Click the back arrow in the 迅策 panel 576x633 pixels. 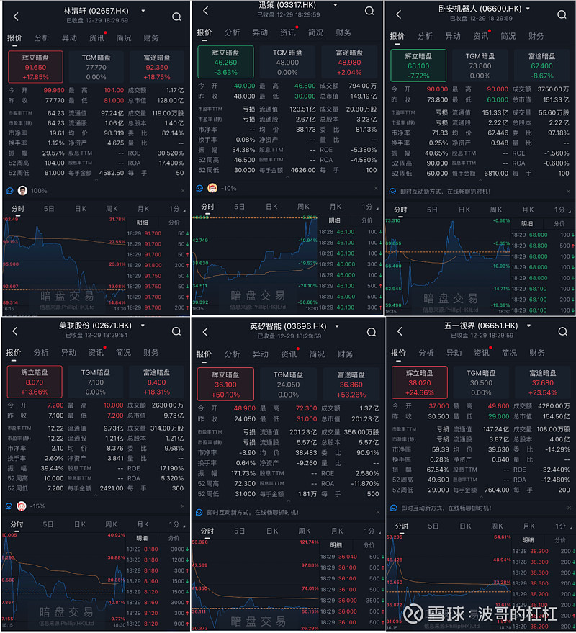[x=206, y=11]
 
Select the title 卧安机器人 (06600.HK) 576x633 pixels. [x=485, y=9]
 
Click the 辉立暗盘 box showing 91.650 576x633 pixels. [x=35, y=66]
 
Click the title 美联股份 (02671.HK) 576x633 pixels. [x=95, y=326]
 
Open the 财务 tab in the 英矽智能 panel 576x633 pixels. [x=343, y=354]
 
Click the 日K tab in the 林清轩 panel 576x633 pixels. [x=81, y=208]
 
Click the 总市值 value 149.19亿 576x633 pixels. [x=363, y=96]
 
